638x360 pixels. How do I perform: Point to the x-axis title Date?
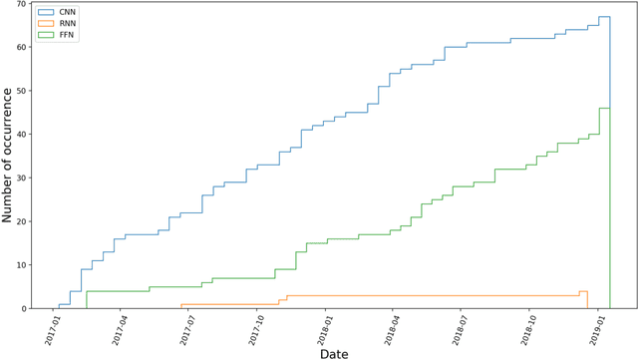click(x=334, y=352)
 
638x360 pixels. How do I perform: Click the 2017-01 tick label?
click(x=53, y=327)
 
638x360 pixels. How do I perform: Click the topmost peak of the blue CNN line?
click(x=604, y=17)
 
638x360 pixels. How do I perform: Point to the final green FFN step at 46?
click(x=604, y=108)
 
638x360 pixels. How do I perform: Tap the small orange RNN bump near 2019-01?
click(x=583, y=291)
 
